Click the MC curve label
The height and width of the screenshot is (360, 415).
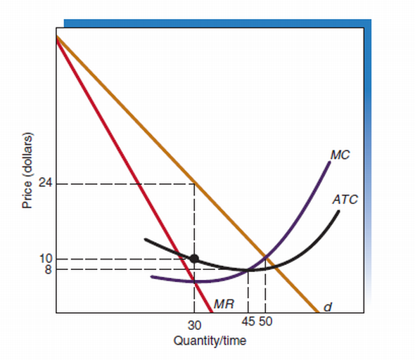339,155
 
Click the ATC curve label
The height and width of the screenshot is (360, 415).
345,200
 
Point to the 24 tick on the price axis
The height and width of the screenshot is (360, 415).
46,184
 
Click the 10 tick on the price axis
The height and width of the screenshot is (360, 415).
46,259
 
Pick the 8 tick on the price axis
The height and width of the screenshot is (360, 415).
49,269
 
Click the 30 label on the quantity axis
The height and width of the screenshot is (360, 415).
194,325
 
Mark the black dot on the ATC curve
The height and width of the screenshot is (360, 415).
194,258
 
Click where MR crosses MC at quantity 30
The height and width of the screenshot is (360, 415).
194,281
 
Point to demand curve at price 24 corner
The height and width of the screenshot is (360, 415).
194,184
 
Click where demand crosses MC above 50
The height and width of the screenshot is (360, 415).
265,255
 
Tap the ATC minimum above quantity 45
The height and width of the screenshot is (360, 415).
248,269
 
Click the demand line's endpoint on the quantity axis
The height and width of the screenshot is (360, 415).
319,311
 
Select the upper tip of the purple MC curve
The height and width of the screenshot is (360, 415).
330,162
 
